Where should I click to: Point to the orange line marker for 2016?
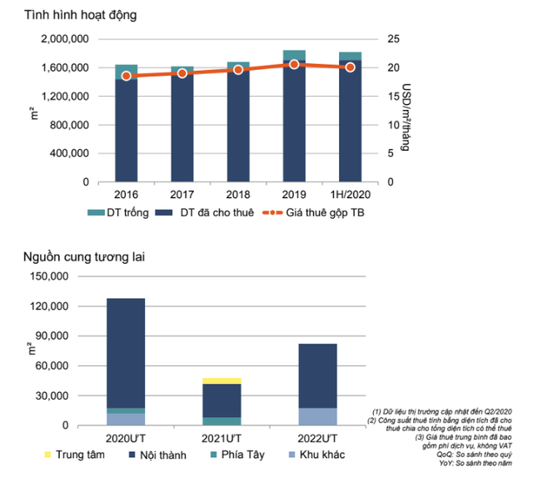126,76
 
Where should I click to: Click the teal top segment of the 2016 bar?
126,71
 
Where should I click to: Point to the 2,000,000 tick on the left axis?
63,39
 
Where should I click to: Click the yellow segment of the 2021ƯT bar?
222,380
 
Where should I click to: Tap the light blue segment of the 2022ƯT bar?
317,416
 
